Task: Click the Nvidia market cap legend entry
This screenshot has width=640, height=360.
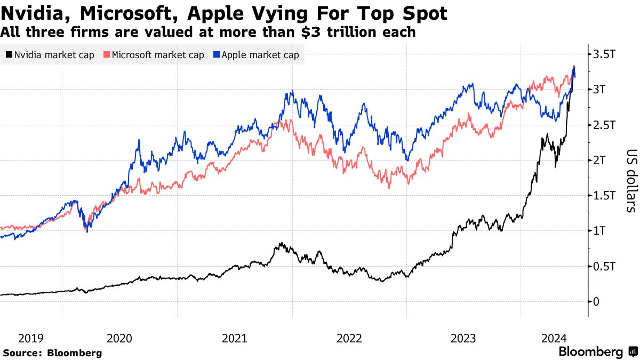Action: point(51,55)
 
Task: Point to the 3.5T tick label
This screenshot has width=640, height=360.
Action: point(604,54)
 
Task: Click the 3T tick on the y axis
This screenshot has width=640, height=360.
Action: point(599,90)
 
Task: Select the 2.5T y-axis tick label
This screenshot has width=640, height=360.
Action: point(604,125)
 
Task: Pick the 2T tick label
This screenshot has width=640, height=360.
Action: point(599,160)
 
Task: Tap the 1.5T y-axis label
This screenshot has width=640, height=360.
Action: point(604,196)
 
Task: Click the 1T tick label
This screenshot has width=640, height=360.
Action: point(599,231)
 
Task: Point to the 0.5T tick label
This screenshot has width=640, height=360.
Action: point(604,266)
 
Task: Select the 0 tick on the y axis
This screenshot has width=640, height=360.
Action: point(596,301)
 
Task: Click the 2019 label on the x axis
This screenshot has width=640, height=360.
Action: point(31,338)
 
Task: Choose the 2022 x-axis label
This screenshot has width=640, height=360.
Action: point(349,338)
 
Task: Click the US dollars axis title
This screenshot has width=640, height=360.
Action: point(630,180)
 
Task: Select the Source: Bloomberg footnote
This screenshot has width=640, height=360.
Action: point(52,353)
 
